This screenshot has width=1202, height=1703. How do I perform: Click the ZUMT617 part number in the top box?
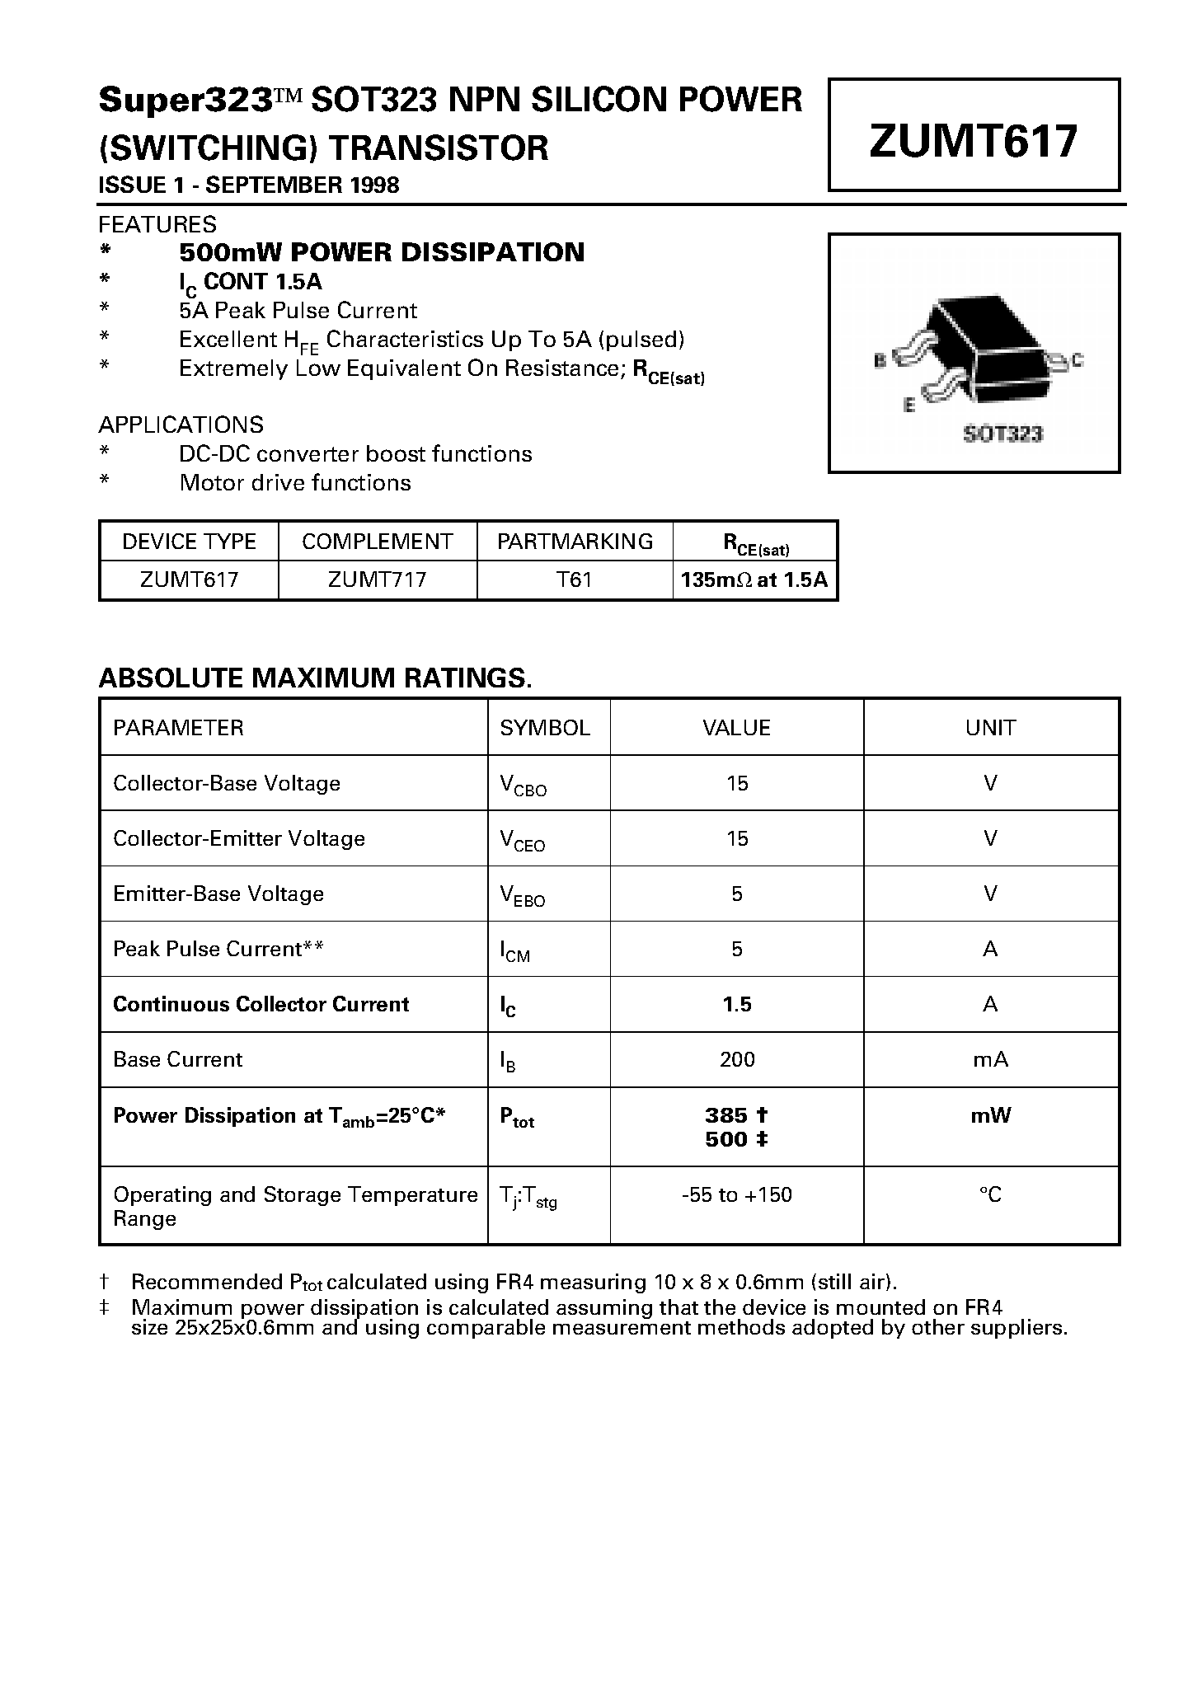coord(973,140)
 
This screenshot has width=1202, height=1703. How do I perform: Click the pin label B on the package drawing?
coord(880,360)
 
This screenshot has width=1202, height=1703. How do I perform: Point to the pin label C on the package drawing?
coord(1077,360)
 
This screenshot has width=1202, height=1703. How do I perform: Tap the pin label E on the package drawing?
coord(909,406)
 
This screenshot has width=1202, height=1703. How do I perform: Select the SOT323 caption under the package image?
coord(1002,434)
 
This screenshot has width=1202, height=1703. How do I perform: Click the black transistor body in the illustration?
coord(989,346)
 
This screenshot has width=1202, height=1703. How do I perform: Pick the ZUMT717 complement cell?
coord(377,579)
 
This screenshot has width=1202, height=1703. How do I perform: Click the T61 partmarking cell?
coord(575,579)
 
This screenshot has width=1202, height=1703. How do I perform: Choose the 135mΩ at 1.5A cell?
coord(754,579)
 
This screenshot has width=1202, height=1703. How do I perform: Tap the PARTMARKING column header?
coord(575,542)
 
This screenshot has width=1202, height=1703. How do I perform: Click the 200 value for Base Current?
coord(736,1059)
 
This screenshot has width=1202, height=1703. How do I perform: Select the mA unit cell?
coord(990,1059)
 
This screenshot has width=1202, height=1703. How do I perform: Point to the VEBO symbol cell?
coord(523,896)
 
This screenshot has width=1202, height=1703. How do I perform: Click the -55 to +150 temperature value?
coord(736,1194)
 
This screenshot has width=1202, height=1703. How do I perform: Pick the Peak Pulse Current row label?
coord(218,949)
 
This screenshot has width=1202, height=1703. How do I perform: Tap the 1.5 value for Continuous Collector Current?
coord(736,1004)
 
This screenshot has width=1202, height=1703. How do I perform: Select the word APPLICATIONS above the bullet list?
coord(181,425)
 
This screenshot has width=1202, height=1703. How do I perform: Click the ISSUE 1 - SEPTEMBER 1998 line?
coord(248,185)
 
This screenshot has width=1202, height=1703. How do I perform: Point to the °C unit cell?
coord(990,1194)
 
